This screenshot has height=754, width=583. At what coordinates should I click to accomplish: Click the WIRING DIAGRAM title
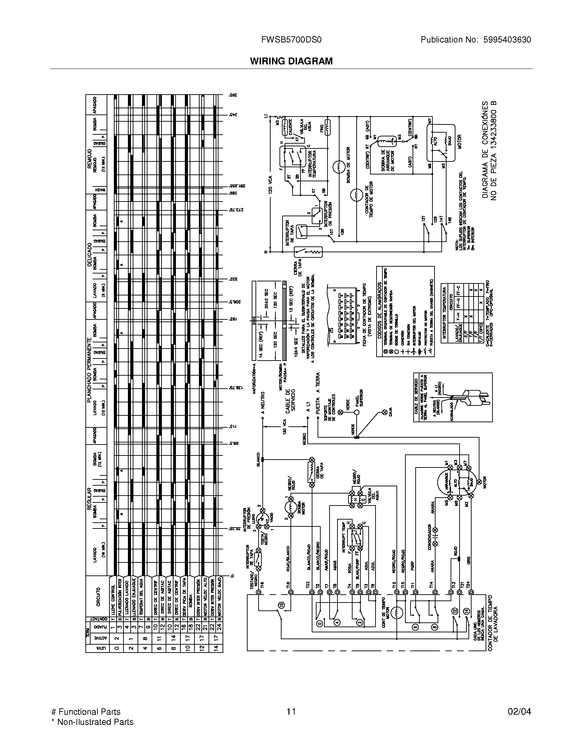click(x=291, y=61)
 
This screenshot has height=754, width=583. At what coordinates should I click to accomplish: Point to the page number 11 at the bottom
click(x=291, y=712)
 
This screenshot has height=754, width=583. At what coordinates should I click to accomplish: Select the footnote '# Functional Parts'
click(x=86, y=712)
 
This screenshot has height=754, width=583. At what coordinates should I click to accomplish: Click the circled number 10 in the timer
click(x=280, y=614)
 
